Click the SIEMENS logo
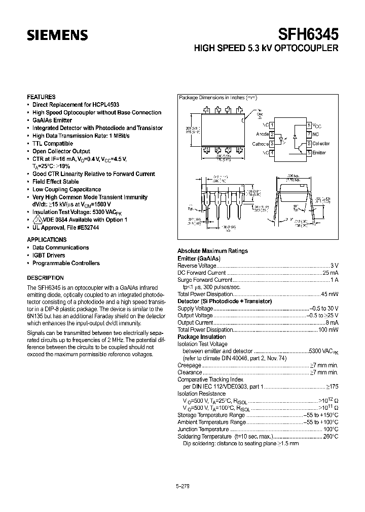tap(57, 36)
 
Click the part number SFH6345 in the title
tap(308, 34)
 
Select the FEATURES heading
tap(41, 97)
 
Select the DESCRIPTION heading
tap(45, 278)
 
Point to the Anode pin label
tap(262, 134)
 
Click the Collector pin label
tap(320, 144)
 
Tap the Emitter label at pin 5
tap(319, 153)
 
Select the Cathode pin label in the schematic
tap(261, 144)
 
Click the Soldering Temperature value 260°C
tap(330, 436)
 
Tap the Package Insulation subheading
tap(201, 336)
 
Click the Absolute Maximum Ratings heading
tap(212, 251)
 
